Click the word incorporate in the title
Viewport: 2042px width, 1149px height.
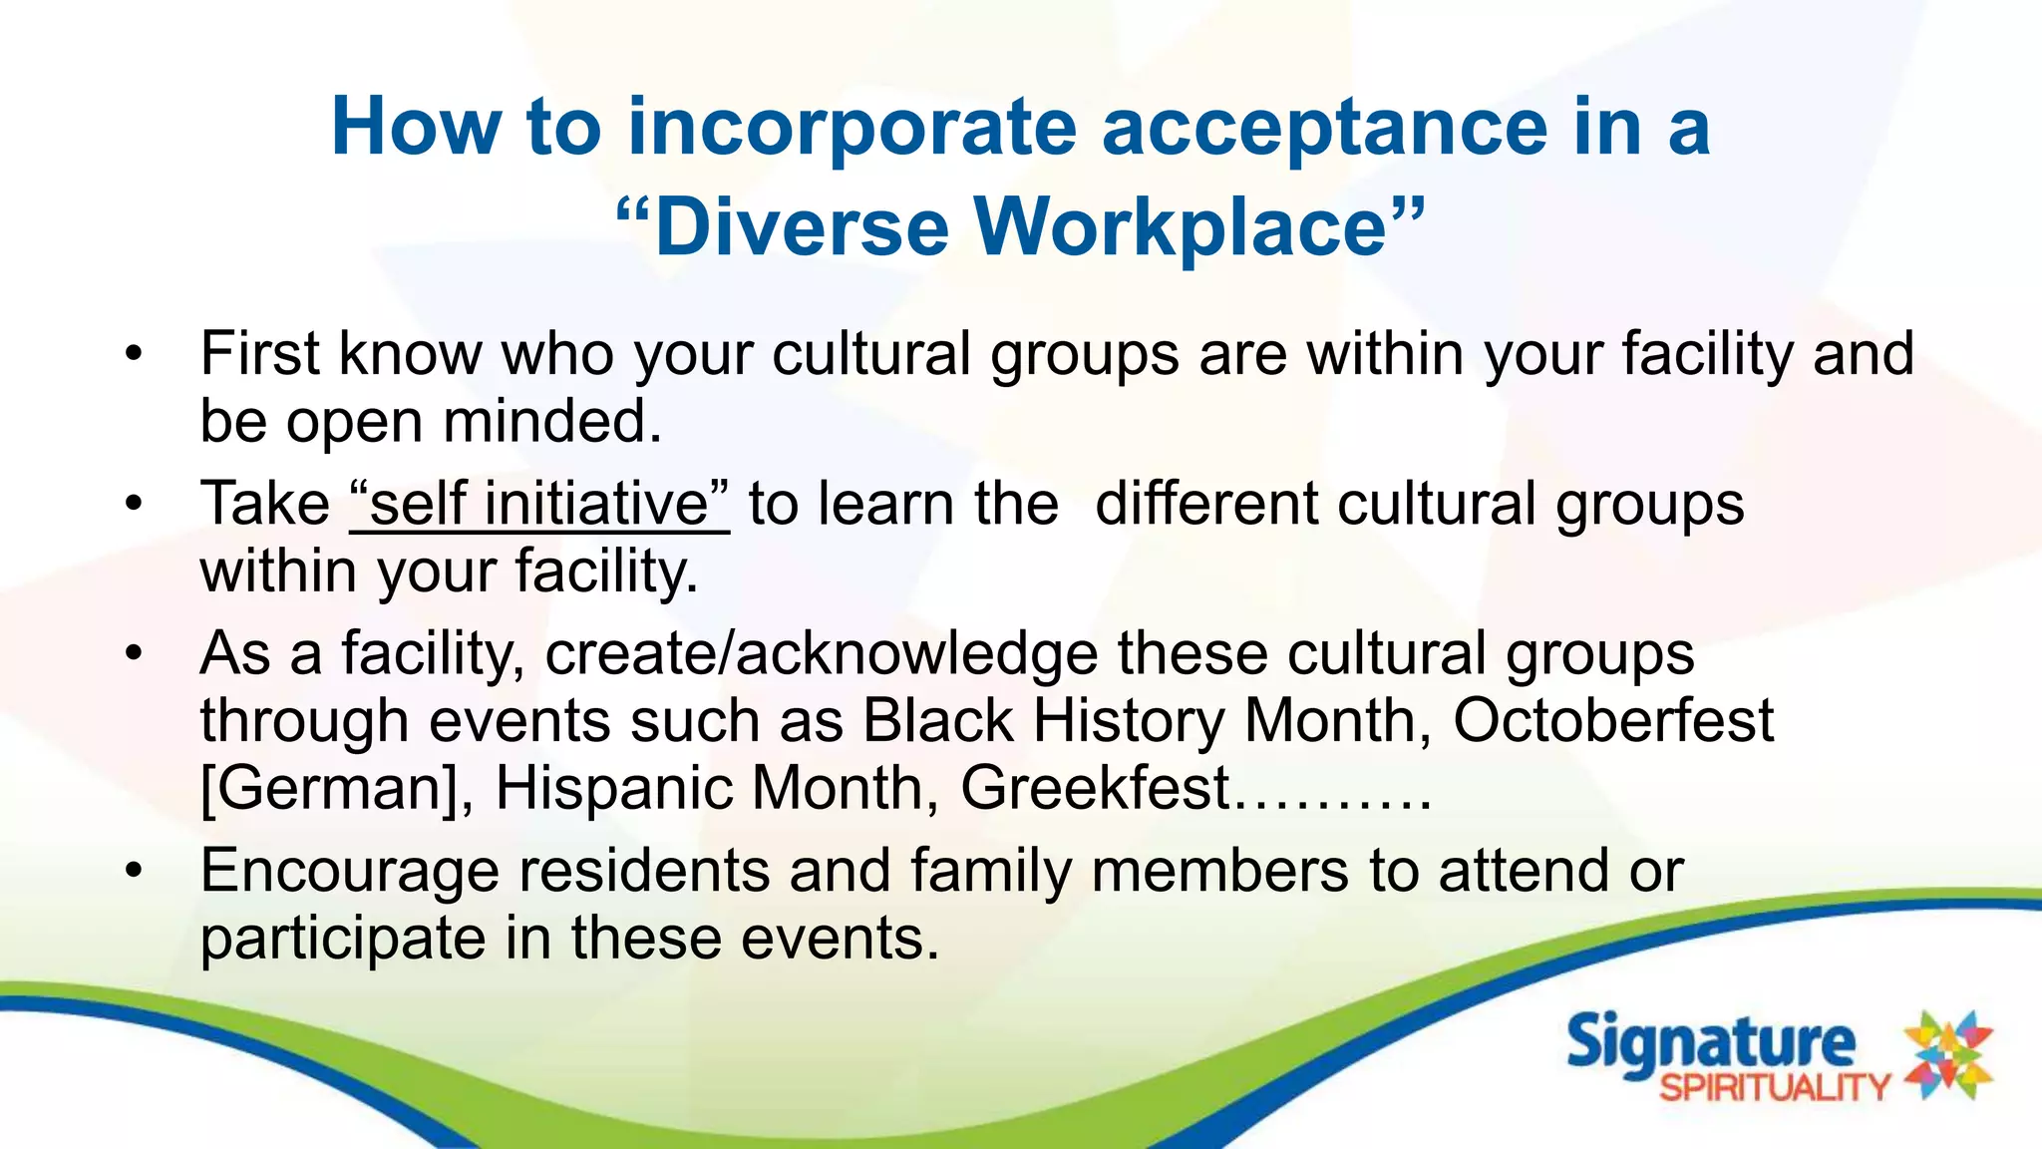[851, 128]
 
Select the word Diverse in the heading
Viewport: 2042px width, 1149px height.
[802, 227]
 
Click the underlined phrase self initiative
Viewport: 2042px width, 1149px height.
[539, 504]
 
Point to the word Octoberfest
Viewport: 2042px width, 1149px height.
[1612, 720]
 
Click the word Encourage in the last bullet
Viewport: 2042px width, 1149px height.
[349, 872]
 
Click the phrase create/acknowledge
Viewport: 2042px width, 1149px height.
[821, 654]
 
